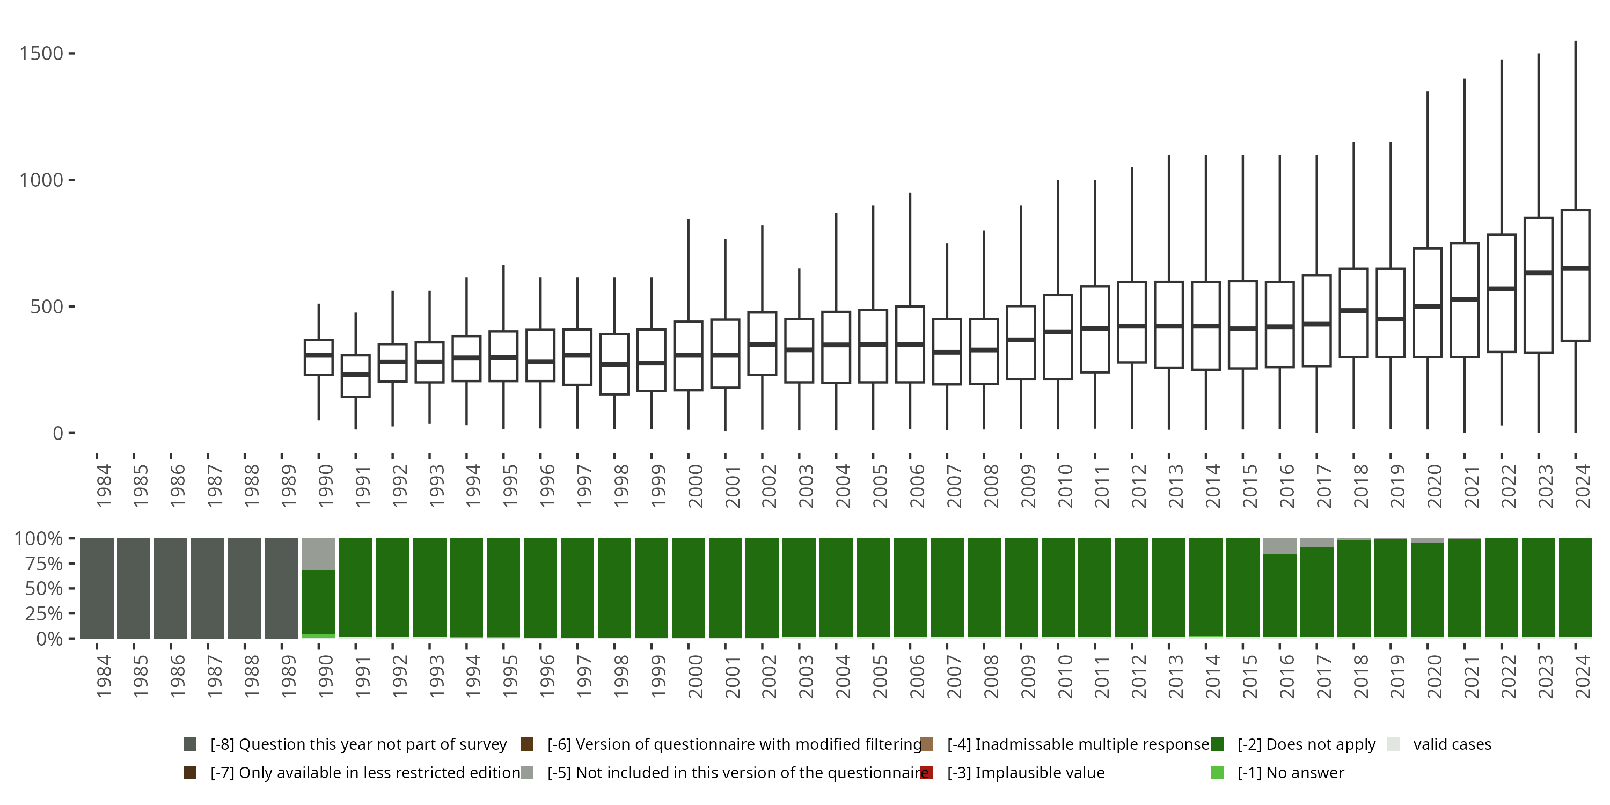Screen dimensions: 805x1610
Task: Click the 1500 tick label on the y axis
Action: click(41, 54)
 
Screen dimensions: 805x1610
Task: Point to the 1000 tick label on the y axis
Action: click(41, 181)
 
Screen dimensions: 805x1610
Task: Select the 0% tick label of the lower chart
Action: click(49, 639)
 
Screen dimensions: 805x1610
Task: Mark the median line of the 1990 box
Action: click(319, 355)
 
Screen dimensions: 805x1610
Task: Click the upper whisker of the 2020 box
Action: click(1428, 169)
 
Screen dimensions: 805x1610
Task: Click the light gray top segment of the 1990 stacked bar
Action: click(319, 554)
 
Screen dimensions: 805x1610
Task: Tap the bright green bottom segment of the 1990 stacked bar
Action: click(319, 635)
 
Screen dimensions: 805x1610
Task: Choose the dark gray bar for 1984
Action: click(97, 588)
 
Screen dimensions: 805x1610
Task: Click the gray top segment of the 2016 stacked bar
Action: click(1279, 546)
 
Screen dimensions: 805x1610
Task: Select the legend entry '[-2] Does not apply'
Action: click(1306, 744)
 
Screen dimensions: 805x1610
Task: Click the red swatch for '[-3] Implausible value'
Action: click(927, 772)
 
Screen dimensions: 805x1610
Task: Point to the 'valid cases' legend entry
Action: click(1451, 744)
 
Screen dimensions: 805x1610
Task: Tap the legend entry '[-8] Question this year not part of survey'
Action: click(358, 744)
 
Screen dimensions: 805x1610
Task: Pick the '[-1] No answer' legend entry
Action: click(1291, 772)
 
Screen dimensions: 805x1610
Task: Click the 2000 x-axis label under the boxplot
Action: click(695, 486)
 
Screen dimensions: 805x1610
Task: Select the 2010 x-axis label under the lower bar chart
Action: click(1065, 676)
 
